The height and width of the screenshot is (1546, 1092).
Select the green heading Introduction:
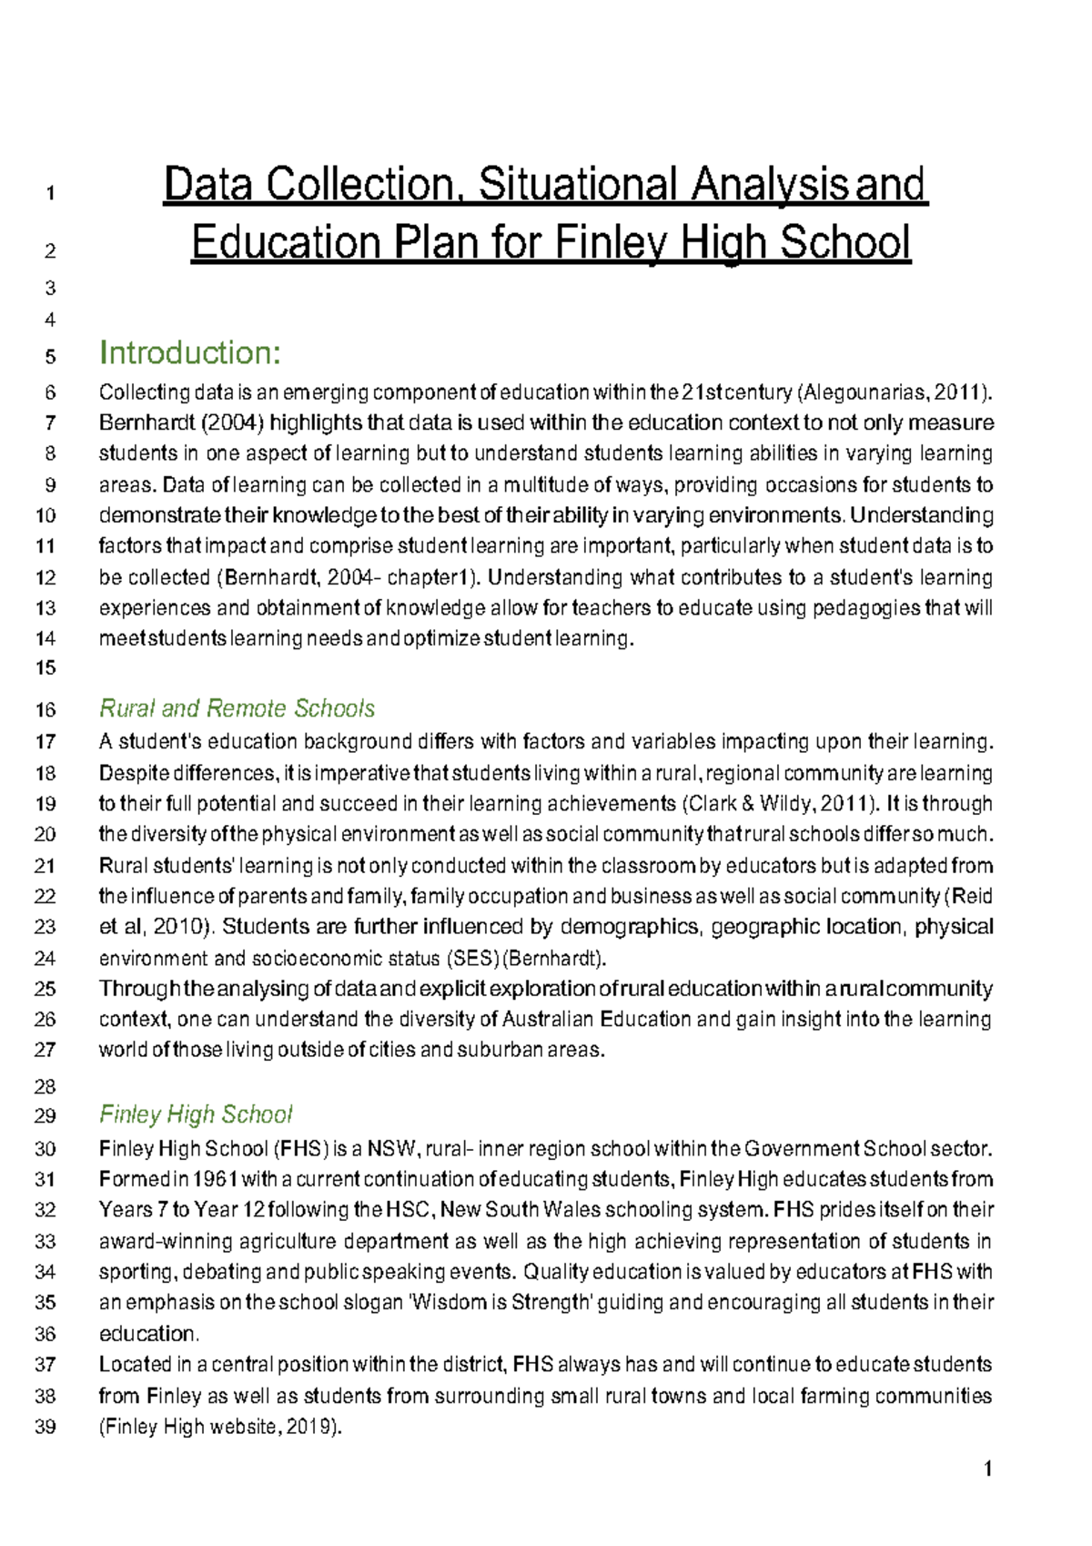pyautogui.click(x=189, y=352)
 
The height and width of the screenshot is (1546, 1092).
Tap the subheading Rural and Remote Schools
pyautogui.click(x=237, y=708)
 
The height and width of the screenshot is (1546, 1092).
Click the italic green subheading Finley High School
pyautogui.click(x=196, y=1114)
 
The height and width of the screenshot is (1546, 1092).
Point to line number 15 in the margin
pyautogui.click(x=45, y=667)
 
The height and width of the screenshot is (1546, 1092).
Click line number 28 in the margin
pyautogui.click(x=45, y=1086)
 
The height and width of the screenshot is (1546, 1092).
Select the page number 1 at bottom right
pyautogui.click(x=987, y=1469)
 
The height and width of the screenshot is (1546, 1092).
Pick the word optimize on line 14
pyautogui.click(x=441, y=639)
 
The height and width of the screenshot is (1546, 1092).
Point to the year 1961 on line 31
pyautogui.click(x=216, y=1180)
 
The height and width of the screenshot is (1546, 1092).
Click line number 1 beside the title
pyautogui.click(x=51, y=193)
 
